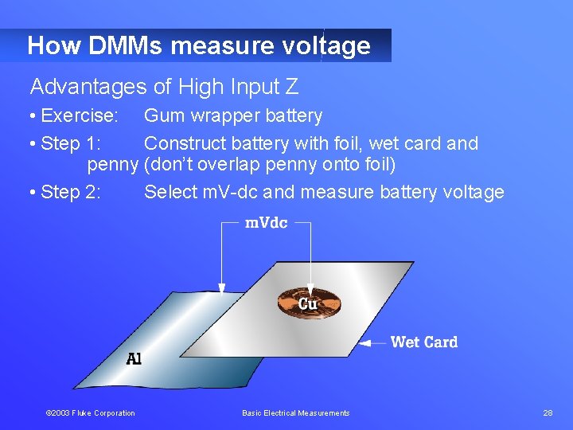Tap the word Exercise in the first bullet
[78, 116]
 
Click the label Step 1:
[71, 144]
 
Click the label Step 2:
[71, 192]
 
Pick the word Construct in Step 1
[183, 144]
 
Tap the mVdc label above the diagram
[266, 223]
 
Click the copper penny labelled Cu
[309, 303]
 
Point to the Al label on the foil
[134, 359]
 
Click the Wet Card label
[423, 342]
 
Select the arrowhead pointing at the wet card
[365, 343]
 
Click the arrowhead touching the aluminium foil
[222, 287]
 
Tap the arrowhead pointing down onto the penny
[310, 291]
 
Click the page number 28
[548, 412]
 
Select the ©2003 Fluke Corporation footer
[90, 412]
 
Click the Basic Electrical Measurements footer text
[295, 412]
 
